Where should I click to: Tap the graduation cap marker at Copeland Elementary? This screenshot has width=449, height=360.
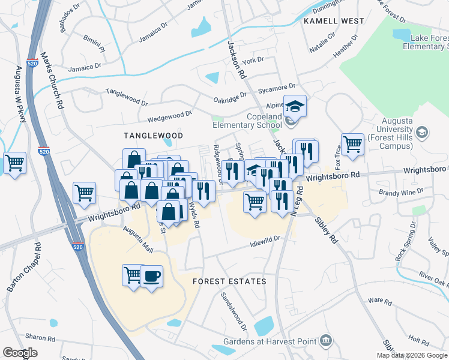point(295,107)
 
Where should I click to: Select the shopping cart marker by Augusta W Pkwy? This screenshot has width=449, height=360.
point(14,163)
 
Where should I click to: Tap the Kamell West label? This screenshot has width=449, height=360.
point(334,21)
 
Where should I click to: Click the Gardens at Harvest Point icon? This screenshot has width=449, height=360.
point(326,340)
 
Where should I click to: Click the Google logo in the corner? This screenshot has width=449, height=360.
point(20,353)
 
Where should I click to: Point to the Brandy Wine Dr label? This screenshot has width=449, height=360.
point(401,192)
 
